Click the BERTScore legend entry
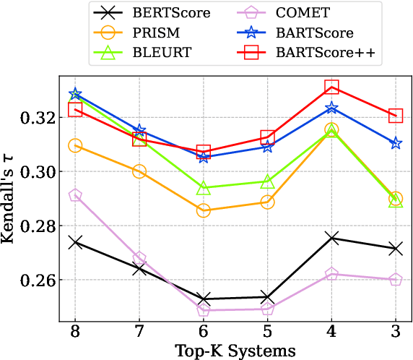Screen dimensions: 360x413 pos(159,14)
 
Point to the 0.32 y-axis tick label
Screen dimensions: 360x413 pos(42,118)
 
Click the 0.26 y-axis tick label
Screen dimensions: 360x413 pos(42,280)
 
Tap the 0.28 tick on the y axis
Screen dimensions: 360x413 pos(42,226)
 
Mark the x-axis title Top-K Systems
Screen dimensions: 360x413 pos(235,351)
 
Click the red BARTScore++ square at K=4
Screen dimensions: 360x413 pos(331,87)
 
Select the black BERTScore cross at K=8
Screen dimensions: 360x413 pos(75,242)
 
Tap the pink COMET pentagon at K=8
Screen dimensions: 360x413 pos(75,195)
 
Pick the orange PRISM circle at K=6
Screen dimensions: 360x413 pos(204,210)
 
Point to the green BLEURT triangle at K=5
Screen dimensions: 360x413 pos(267,181)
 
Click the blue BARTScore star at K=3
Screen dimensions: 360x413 pos(396,143)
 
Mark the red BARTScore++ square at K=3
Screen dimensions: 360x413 pos(396,116)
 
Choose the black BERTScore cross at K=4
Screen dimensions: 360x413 pos(331,238)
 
